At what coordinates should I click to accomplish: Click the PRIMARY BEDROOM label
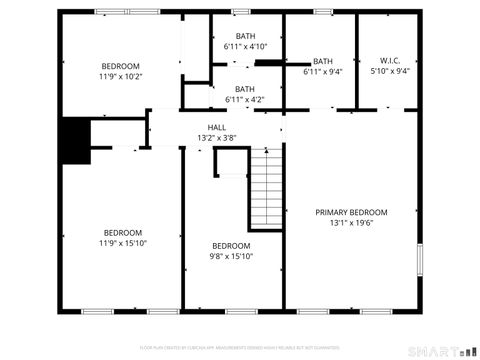(351, 212)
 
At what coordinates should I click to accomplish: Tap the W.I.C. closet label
(390, 60)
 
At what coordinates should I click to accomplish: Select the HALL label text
(216, 127)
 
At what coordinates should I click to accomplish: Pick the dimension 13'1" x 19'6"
(351, 223)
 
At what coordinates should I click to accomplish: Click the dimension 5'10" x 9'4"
(390, 71)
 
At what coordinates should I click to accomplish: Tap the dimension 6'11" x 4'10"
(245, 47)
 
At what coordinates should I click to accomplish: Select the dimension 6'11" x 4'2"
(245, 99)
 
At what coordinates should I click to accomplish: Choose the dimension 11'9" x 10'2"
(121, 76)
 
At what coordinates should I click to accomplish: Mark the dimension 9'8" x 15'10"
(231, 256)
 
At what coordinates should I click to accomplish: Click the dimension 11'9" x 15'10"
(123, 243)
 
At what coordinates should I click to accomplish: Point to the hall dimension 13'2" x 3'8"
(216, 138)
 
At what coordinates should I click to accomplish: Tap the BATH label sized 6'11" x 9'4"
(323, 60)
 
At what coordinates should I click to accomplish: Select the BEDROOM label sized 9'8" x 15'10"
(231, 245)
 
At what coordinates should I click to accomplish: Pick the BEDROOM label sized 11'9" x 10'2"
(121, 65)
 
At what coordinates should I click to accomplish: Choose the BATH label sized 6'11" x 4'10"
(245, 36)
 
